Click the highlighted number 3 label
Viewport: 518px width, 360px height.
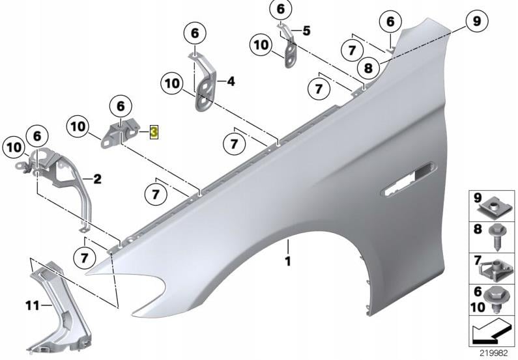(x=154, y=132)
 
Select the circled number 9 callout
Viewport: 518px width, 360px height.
(x=477, y=21)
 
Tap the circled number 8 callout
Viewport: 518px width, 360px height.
(x=368, y=68)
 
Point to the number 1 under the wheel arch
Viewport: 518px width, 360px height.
(x=288, y=261)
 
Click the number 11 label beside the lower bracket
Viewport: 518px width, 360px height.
(x=33, y=305)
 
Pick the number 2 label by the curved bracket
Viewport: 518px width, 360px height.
(x=97, y=179)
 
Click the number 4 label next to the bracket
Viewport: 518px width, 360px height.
(x=231, y=81)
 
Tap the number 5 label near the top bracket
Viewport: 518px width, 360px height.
(x=307, y=31)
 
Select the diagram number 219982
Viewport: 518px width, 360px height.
(x=494, y=353)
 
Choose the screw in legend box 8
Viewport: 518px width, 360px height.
(x=496, y=237)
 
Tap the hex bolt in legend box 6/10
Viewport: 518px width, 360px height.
(x=495, y=299)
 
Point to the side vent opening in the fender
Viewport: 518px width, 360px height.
(x=409, y=180)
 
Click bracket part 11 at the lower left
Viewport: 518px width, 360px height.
(x=59, y=307)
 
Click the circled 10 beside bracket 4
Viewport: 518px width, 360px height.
(x=172, y=84)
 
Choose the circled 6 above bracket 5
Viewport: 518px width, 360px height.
(x=280, y=9)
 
